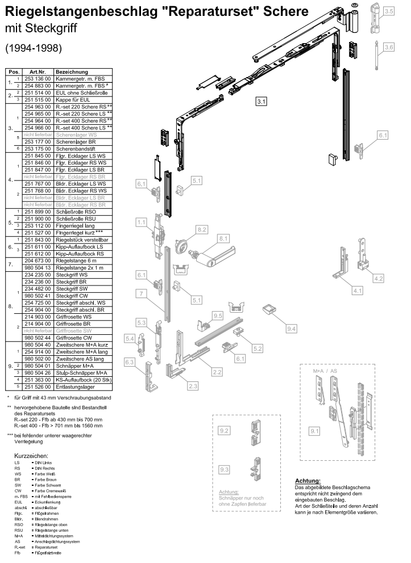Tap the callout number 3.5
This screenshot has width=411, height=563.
[x=389, y=11]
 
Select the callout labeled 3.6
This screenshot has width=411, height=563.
[x=389, y=48]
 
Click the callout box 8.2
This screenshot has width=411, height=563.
[x=202, y=230]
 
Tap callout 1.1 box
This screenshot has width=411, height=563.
[x=141, y=222]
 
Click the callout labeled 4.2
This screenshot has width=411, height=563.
[x=379, y=278]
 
